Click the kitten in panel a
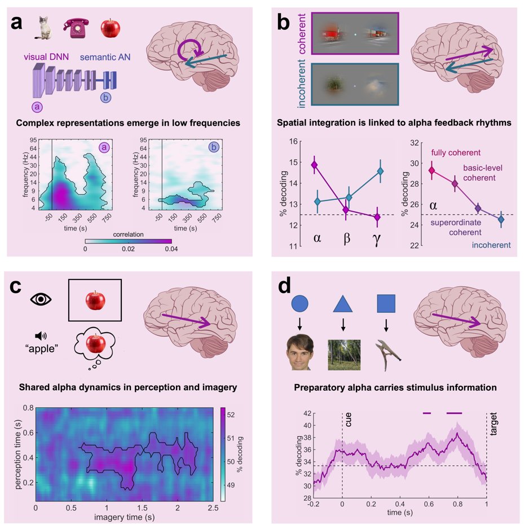[x=43, y=28]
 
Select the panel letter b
[x=284, y=23]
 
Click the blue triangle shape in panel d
[x=343, y=304]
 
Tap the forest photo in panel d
[x=343, y=352]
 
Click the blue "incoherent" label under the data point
[x=492, y=245]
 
